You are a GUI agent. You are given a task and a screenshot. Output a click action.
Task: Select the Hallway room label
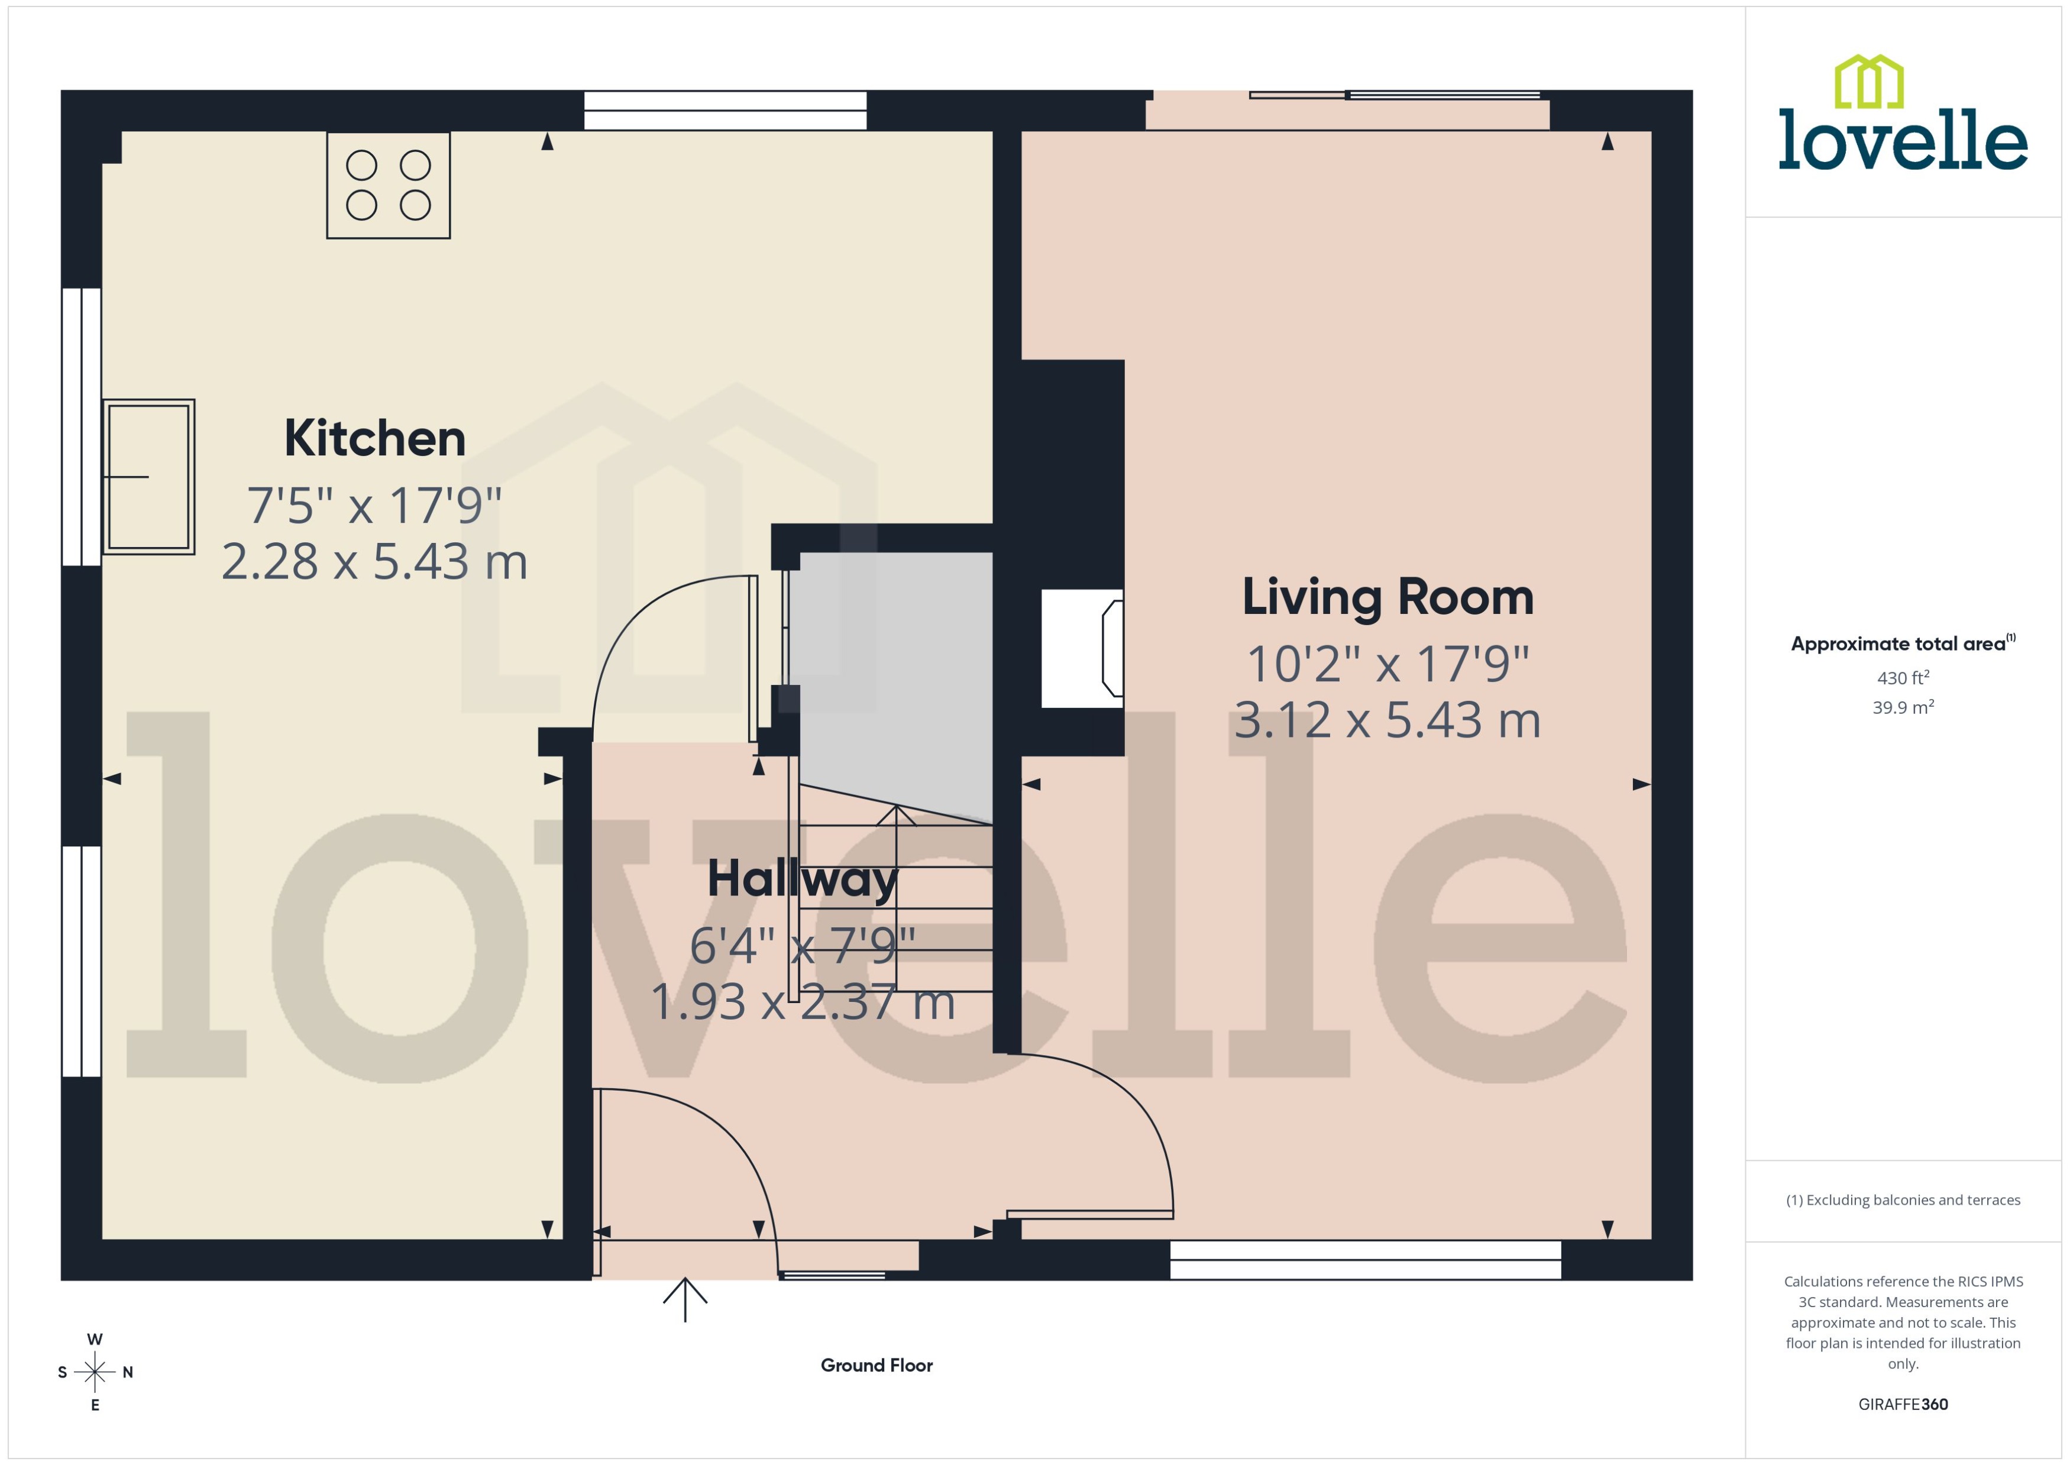click(x=802, y=879)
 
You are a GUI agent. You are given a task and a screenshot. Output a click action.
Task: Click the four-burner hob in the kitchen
click(x=388, y=185)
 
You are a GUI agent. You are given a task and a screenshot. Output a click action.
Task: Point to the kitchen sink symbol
click(x=149, y=476)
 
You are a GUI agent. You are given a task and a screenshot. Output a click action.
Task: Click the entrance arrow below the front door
click(x=685, y=1299)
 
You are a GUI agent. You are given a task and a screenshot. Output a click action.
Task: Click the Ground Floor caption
click(x=876, y=1365)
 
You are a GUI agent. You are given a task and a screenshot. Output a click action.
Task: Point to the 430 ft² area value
click(x=1902, y=677)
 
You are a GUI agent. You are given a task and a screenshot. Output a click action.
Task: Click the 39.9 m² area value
click(x=1902, y=707)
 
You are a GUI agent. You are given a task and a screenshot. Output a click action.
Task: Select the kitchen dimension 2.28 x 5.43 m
click(x=374, y=562)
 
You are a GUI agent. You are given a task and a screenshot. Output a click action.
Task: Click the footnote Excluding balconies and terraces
click(x=1902, y=1200)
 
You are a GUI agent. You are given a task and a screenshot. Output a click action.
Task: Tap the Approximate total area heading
click(x=1898, y=644)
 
